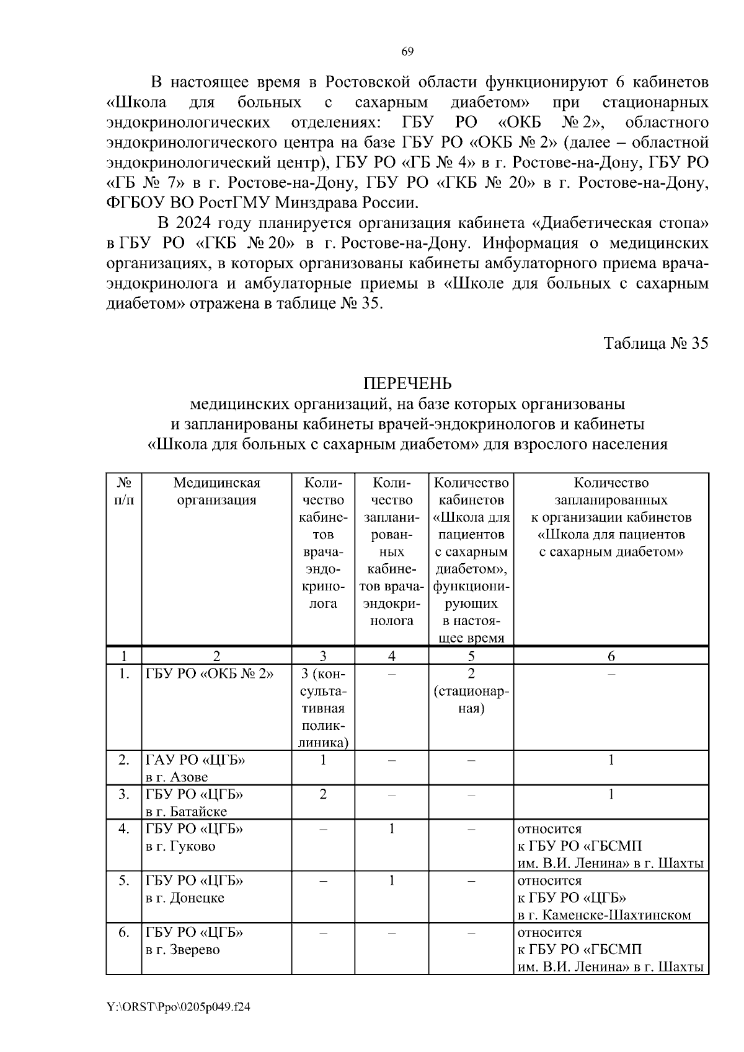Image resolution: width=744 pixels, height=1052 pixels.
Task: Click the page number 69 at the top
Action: (x=407, y=51)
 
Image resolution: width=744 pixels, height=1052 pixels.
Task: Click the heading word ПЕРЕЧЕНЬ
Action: (x=407, y=384)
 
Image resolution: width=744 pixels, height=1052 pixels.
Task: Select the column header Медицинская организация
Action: (x=216, y=491)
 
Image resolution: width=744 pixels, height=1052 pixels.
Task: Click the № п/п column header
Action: (x=124, y=491)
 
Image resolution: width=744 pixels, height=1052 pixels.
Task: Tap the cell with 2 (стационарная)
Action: (x=471, y=691)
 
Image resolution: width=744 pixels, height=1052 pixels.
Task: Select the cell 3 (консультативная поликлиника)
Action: (x=323, y=708)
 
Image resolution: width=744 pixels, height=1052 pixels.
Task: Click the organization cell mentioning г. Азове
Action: (x=196, y=768)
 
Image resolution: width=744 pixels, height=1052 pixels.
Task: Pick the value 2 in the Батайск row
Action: (x=323, y=794)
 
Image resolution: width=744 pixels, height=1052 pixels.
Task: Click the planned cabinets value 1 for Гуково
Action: (x=391, y=828)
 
